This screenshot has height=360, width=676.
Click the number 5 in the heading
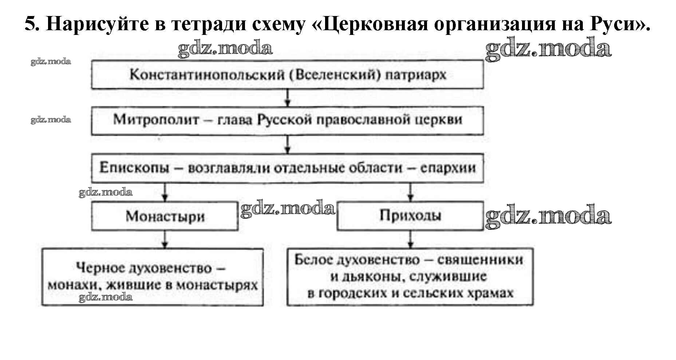[x=31, y=24]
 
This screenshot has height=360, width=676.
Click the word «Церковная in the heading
[x=370, y=24]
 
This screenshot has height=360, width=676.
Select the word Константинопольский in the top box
[x=207, y=75]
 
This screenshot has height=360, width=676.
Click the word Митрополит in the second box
[x=156, y=119]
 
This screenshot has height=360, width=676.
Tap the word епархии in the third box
[x=448, y=168]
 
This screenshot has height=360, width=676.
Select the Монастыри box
[x=165, y=216]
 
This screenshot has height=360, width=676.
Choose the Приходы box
[x=410, y=215]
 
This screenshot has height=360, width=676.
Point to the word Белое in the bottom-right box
[x=313, y=260]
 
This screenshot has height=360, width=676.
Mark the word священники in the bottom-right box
[x=480, y=260]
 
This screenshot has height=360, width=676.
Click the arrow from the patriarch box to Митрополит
[x=288, y=98]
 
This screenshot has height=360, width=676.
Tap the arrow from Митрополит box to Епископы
[x=288, y=145]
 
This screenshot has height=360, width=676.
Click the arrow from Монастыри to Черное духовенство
[x=165, y=240]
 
